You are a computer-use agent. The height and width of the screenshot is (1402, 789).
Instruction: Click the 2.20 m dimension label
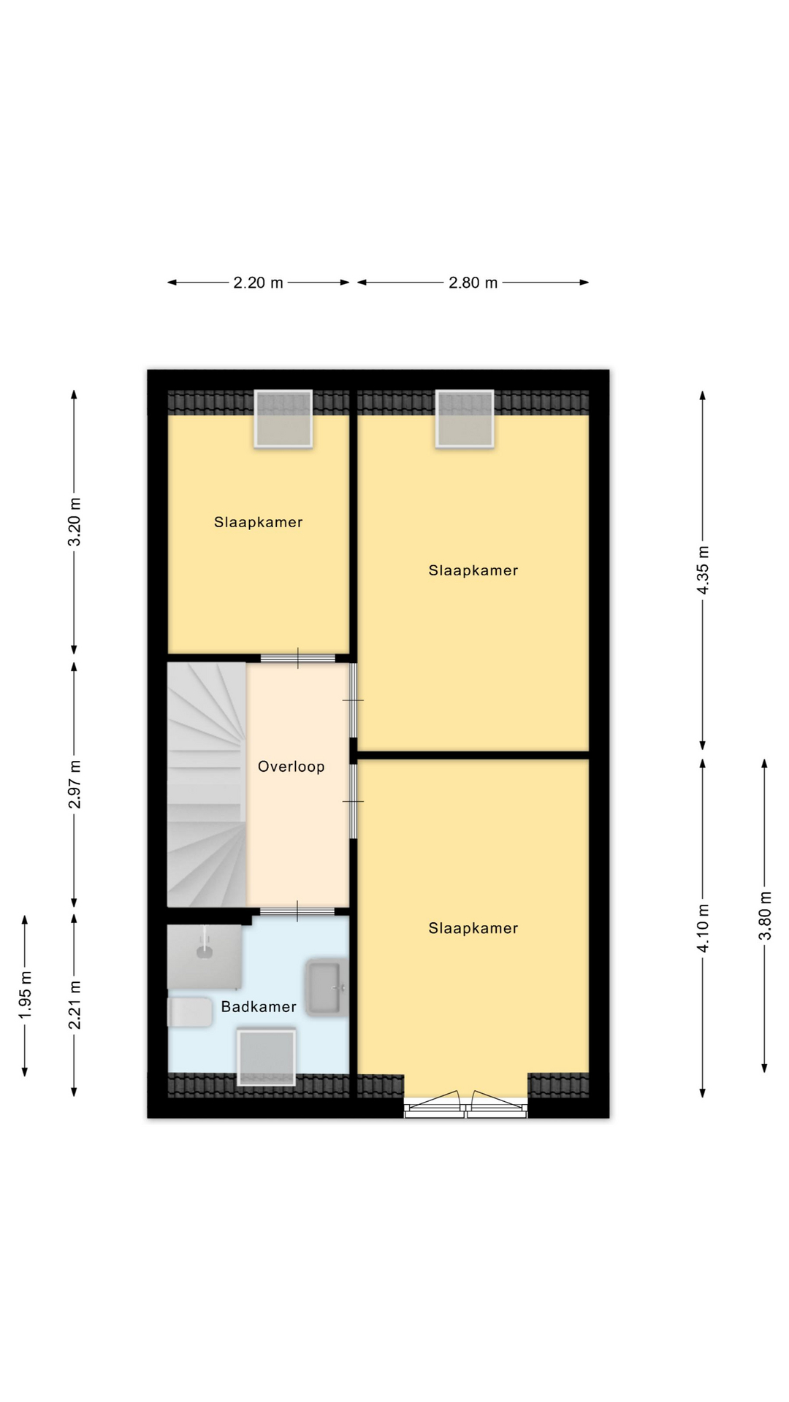258,283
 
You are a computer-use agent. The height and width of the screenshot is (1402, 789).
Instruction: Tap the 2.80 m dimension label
473,283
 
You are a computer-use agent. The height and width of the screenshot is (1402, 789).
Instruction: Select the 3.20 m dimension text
75,521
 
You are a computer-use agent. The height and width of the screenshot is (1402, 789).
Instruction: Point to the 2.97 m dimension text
75,784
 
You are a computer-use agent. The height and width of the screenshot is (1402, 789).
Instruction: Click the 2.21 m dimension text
75,1005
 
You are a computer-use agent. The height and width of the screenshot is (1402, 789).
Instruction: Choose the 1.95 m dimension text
26,995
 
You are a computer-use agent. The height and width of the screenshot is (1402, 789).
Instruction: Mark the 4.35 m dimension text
704,570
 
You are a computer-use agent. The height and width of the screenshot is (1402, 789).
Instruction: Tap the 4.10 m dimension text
704,928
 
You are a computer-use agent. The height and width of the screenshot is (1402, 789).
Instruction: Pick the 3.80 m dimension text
765,916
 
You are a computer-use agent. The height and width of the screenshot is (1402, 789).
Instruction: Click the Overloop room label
291,767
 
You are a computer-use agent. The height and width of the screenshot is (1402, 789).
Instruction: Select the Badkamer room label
259,1007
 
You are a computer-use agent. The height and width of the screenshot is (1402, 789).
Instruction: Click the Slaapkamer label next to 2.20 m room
258,522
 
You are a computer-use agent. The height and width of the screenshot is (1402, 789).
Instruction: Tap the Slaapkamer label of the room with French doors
473,928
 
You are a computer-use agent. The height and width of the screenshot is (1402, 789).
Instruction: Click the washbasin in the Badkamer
325,987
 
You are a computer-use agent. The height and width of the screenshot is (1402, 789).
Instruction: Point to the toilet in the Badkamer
189,1012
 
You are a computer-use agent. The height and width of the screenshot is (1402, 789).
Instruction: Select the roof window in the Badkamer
266,1057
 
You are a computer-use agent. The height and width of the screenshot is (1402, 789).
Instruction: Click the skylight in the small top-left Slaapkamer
283,418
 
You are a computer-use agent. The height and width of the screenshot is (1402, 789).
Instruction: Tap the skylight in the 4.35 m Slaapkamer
465,418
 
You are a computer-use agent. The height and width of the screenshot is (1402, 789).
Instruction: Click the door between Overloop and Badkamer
297,911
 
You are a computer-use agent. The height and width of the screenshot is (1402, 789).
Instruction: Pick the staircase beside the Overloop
207,784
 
